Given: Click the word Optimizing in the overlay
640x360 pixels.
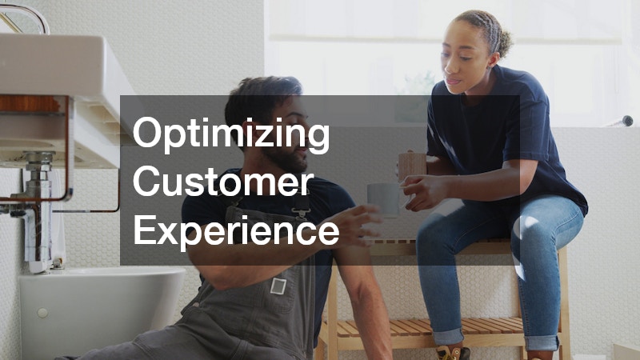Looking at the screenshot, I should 231,134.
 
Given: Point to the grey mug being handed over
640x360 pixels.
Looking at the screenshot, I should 382,198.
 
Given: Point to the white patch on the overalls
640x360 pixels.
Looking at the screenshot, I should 278,285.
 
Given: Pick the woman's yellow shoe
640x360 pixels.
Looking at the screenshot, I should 450,352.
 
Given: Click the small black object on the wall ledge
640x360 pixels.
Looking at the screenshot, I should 626,121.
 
